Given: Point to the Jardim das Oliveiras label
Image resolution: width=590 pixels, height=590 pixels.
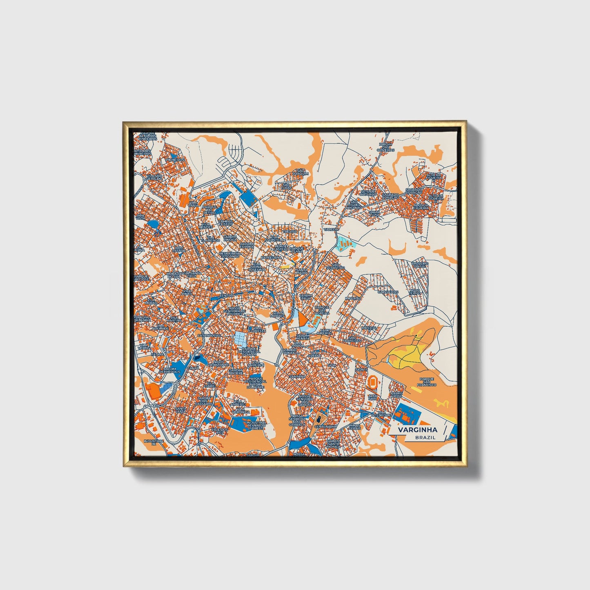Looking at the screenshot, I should [x=386, y=147].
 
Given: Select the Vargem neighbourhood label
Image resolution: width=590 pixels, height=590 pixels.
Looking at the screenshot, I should [x=331, y=229].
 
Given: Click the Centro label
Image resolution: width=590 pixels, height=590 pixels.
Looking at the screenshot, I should [x=226, y=295].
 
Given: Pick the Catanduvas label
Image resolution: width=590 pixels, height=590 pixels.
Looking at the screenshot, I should [x=209, y=335].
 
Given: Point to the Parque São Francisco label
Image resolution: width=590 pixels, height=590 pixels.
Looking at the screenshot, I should [x=427, y=381].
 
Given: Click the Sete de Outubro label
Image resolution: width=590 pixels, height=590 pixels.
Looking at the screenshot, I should [x=368, y=193].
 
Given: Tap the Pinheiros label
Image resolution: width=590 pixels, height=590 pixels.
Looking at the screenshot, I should [x=175, y=160].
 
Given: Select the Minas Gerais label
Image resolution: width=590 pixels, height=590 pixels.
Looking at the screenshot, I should [x=355, y=427].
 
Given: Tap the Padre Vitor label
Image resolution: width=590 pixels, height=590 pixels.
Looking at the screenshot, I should [x=396, y=395].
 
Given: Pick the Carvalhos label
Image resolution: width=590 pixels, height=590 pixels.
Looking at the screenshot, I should [x=387, y=292].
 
